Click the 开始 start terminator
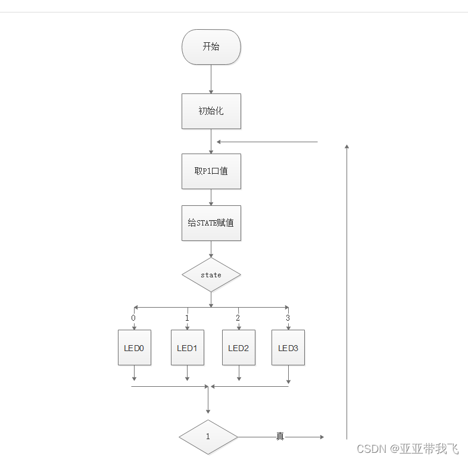point(211,47)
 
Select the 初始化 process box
point(211,111)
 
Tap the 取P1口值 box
point(211,171)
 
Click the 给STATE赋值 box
point(211,223)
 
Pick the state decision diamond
point(211,275)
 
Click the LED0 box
point(134,348)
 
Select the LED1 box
point(187,348)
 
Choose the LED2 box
point(238,348)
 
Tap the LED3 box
point(288,348)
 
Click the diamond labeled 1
point(208,437)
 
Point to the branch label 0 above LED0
point(133,318)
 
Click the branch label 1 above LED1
point(187,318)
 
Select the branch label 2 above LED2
point(238,318)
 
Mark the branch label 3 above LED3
point(288,318)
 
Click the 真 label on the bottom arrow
point(280,436)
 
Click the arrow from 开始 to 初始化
point(211,79)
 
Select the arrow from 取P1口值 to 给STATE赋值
point(211,197)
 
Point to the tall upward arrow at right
point(347,292)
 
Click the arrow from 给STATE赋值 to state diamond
point(211,249)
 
